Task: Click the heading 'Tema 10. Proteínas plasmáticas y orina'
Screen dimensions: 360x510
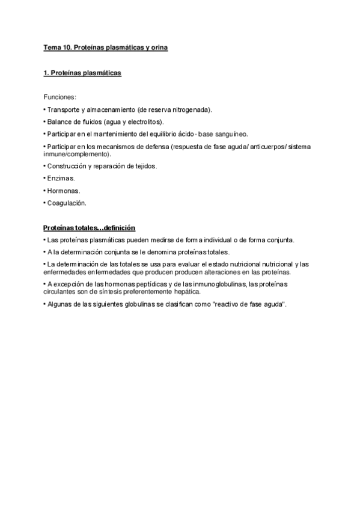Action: (105, 47)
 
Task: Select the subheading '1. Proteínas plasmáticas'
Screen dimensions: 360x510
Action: (82, 73)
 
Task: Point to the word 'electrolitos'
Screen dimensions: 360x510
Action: (135, 122)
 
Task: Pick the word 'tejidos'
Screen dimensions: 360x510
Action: (144, 167)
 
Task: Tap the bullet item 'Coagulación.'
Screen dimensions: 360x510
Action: (66, 203)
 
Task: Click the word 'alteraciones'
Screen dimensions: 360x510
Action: (214, 272)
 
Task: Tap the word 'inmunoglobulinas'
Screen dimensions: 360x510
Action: (221, 284)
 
